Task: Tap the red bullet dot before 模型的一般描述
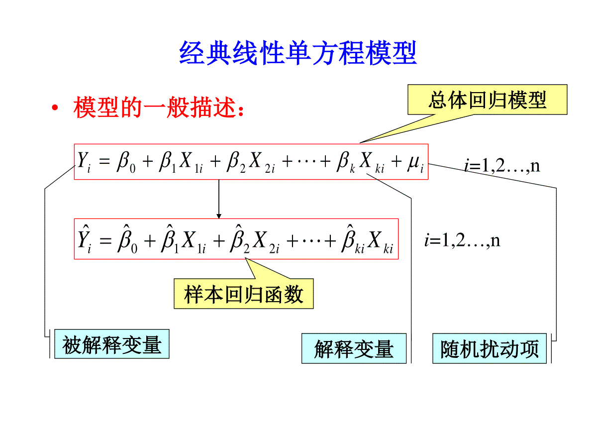(55, 108)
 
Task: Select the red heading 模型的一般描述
(159, 108)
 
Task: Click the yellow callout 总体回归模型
(487, 100)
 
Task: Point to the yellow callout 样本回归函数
(243, 294)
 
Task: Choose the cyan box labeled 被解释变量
(112, 344)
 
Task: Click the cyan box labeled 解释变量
(354, 348)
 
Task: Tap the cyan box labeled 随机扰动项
(490, 348)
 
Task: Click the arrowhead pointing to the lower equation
(219, 216)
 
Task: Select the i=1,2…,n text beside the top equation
(502, 165)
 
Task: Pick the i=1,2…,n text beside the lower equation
(462, 240)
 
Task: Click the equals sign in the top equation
(104, 162)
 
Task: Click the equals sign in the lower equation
(105, 240)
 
